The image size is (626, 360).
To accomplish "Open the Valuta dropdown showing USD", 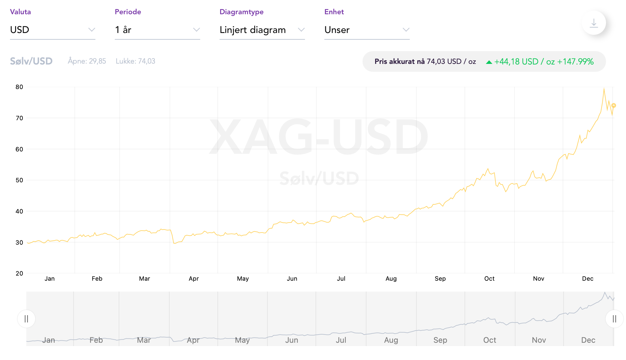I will pyautogui.click(x=52, y=30).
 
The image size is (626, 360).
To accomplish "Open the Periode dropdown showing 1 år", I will pyautogui.click(x=157, y=30).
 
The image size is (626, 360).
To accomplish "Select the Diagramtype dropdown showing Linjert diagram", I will pyautogui.click(x=262, y=30).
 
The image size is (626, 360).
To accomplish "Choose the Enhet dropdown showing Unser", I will pyautogui.click(x=367, y=30).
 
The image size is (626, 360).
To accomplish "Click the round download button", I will pyautogui.click(x=594, y=23).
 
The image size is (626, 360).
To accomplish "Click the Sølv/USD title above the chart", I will pyautogui.click(x=31, y=61).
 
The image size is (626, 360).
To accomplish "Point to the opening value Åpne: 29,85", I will pyautogui.click(x=87, y=61).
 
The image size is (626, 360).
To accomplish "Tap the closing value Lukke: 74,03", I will pyautogui.click(x=135, y=61).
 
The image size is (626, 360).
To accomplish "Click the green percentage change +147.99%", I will pyautogui.click(x=575, y=62).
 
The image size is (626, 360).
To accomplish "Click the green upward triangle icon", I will pyautogui.click(x=489, y=62).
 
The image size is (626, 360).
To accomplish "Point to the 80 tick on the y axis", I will pyautogui.click(x=19, y=87).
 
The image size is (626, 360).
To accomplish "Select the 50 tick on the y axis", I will pyautogui.click(x=19, y=180).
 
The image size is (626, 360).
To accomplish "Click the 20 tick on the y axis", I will pyautogui.click(x=19, y=273).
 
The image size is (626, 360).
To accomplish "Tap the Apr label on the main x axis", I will pyautogui.click(x=194, y=279).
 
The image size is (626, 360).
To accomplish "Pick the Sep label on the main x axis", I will pyautogui.click(x=440, y=279).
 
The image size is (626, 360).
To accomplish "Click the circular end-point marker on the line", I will pyautogui.click(x=614, y=105).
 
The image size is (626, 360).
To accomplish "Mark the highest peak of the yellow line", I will pyautogui.click(x=604, y=88).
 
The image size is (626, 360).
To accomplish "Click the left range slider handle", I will pyautogui.click(x=26, y=319).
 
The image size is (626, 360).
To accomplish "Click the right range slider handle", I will pyautogui.click(x=614, y=319).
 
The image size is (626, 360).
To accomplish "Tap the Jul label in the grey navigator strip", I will pyautogui.click(x=341, y=340).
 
